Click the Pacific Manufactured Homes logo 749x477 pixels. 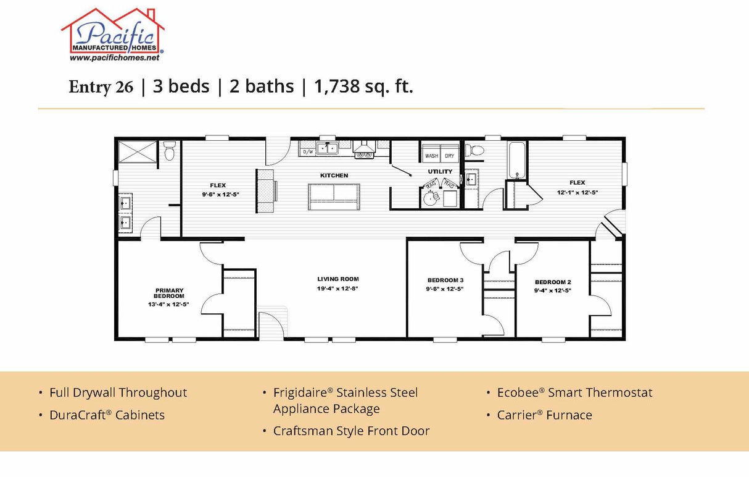coord(113,34)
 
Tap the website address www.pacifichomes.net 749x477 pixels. coord(114,57)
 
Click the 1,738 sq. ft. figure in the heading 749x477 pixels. coord(363,87)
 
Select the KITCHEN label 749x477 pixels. coord(334,175)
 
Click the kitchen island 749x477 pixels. coord(334,196)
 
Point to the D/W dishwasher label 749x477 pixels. coord(308,151)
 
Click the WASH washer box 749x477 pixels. coord(431,156)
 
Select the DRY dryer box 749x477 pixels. coord(450,156)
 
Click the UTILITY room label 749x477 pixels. coord(440,171)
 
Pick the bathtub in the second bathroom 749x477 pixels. coord(516,159)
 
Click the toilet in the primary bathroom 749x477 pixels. coord(170,150)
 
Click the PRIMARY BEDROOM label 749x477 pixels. coord(169,293)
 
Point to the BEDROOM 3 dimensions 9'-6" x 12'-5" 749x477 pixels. coord(444,289)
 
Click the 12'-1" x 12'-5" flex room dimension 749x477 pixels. coord(577,192)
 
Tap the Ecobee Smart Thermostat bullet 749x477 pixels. coord(574,393)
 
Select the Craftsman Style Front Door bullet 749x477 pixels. coord(351,431)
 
